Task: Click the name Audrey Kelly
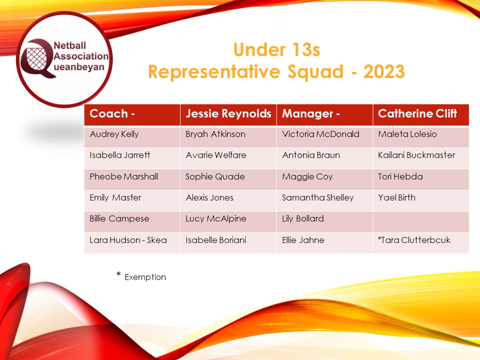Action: (x=114, y=134)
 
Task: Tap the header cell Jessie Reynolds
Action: (x=228, y=114)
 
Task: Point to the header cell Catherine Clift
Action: (x=417, y=114)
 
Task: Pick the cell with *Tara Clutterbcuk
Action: (x=414, y=240)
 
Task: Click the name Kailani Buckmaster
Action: (x=416, y=155)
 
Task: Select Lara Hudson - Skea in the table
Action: (x=128, y=240)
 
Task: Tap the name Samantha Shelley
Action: (x=317, y=197)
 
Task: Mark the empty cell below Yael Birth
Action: (x=420, y=219)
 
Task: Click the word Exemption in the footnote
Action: (x=145, y=277)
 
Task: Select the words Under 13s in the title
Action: (x=276, y=50)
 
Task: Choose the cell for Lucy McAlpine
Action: (x=215, y=219)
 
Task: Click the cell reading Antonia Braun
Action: (x=310, y=155)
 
